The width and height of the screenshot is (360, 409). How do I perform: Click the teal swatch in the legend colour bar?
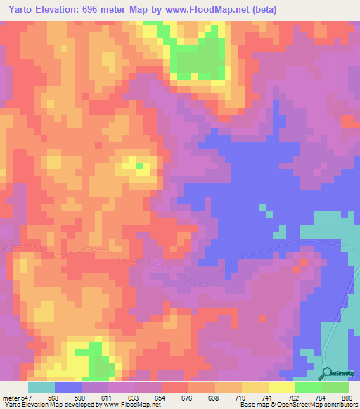tap(41, 387)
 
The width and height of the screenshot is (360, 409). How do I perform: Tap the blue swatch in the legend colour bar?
tap(67, 387)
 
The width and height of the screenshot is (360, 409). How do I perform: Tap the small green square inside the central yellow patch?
tap(140, 167)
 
